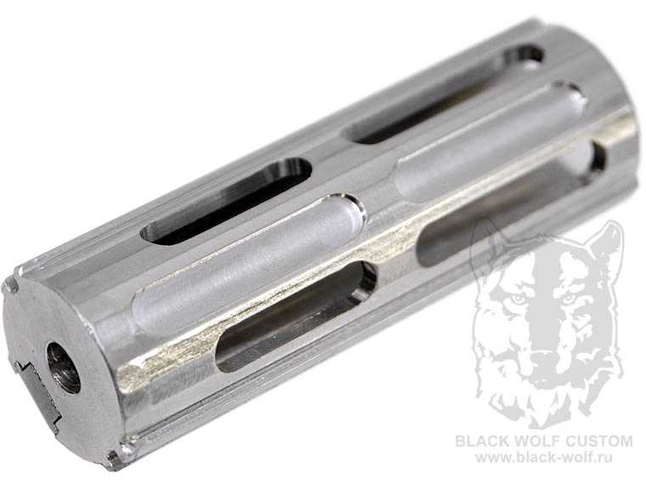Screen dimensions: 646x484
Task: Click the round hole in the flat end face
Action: point(63,367)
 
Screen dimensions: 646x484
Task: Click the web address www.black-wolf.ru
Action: point(544,457)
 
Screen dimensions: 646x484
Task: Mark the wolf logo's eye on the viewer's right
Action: point(570,298)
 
